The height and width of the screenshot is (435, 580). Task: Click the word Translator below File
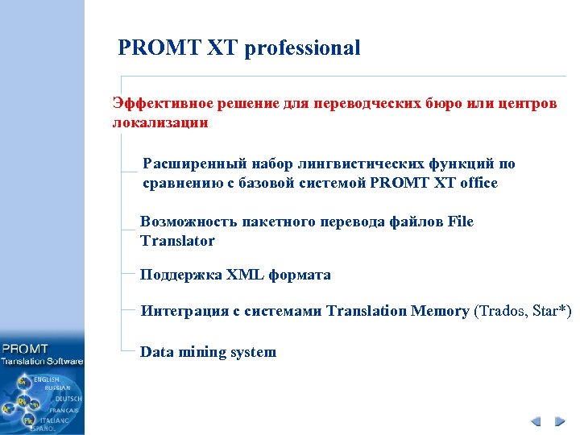click(x=177, y=241)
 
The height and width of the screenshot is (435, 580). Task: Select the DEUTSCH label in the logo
click(x=68, y=399)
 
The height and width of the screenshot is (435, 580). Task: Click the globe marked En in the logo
click(x=23, y=379)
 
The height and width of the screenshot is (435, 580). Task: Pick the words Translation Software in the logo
click(x=42, y=362)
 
